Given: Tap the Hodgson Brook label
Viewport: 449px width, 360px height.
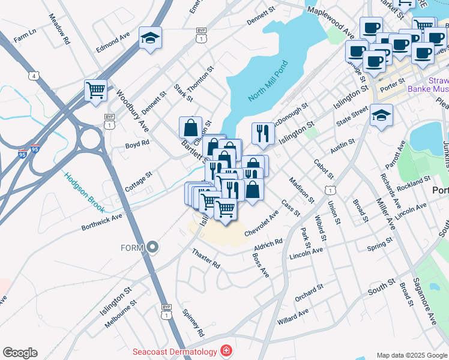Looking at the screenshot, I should (85, 193).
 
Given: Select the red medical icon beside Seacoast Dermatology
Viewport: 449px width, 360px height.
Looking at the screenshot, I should (226, 350).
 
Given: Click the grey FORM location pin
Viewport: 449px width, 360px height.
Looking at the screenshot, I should (153, 247).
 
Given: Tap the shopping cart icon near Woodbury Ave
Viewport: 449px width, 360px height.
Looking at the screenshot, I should (95, 91).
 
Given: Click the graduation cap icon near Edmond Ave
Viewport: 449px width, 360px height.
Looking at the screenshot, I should (149, 38).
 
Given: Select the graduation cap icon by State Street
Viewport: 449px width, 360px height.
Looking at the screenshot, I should (381, 115).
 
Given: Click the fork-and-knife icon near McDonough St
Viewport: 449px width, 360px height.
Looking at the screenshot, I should (262, 133).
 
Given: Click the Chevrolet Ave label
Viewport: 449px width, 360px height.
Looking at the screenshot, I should (262, 223).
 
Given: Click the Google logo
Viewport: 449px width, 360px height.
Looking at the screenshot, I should (20, 353).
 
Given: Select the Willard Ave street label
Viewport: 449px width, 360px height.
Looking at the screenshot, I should (292, 317).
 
